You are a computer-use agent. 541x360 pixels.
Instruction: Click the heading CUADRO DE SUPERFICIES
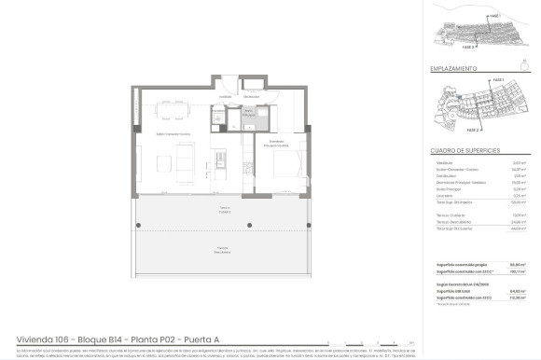pyautogui.click(x=465, y=150)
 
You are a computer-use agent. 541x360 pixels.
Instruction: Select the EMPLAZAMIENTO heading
pyautogui.click(x=454, y=69)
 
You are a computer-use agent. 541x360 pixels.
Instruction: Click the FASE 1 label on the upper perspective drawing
pyautogui.click(x=492, y=17)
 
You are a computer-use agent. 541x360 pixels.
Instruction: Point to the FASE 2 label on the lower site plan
pyautogui.click(x=446, y=131)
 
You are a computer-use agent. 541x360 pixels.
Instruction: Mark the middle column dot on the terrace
pyautogui.click(x=249, y=227)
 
